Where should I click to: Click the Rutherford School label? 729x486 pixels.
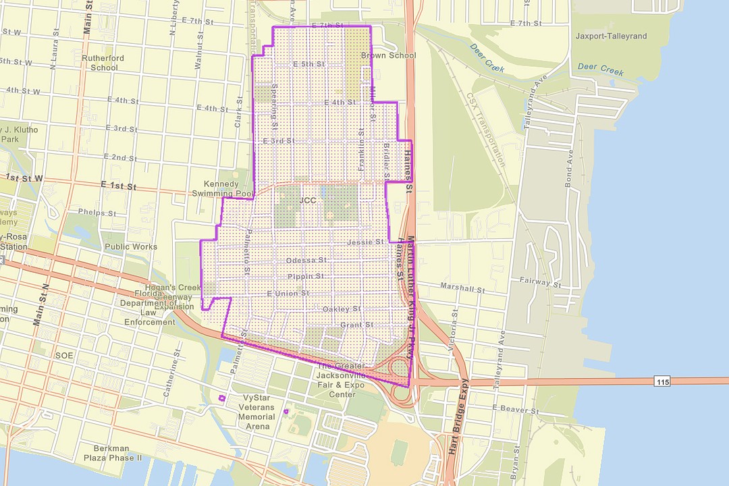(103, 63)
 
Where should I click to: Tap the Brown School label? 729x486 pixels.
(388, 55)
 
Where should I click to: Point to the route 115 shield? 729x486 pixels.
(663, 382)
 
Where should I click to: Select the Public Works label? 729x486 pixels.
(131, 247)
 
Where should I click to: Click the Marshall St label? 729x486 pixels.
(462, 288)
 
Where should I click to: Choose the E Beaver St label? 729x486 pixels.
(515, 410)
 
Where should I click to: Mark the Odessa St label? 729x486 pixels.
(306, 260)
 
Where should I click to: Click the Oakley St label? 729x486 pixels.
(342, 308)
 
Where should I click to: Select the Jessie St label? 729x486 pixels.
(365, 242)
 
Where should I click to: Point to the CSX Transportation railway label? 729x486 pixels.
(485, 128)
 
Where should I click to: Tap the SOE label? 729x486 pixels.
(65, 355)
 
